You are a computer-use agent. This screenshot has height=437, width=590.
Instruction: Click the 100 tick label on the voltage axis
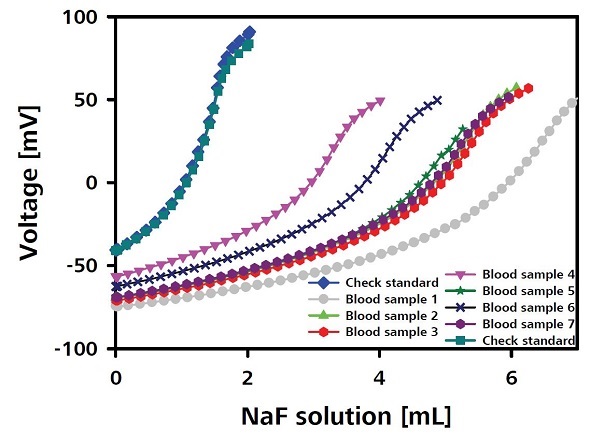83,17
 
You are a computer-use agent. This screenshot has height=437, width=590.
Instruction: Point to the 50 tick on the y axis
88,100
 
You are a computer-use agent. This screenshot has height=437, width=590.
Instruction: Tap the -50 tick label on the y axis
84,266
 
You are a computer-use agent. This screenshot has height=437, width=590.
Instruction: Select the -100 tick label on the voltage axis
79,349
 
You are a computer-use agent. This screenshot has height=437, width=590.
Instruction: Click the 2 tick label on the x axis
247,380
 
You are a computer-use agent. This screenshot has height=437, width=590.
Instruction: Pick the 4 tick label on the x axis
379,380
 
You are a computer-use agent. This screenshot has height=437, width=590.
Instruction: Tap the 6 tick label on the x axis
511,380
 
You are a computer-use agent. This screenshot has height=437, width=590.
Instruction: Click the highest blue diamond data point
249,32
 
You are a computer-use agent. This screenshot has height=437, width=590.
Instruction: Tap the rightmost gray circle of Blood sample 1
573,102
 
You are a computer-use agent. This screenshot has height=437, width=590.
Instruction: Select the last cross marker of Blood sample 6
437,100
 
